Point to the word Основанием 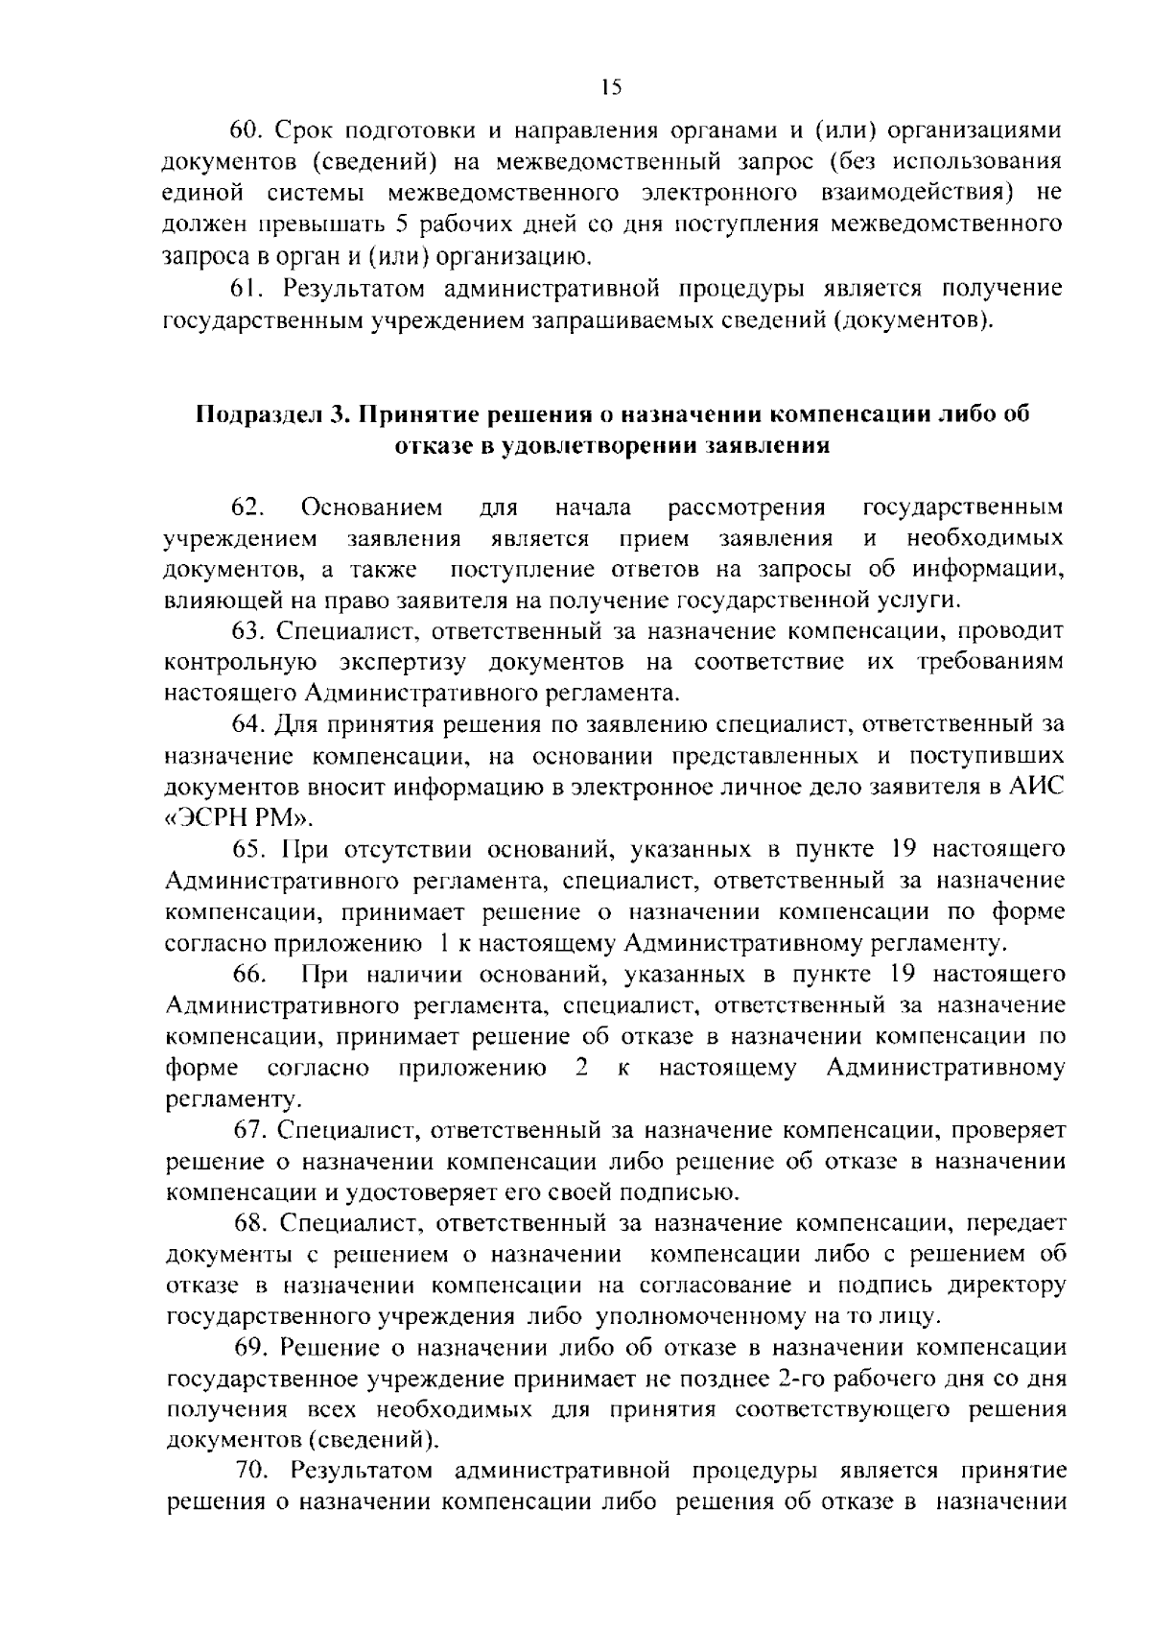372,506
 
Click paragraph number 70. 256,1471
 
